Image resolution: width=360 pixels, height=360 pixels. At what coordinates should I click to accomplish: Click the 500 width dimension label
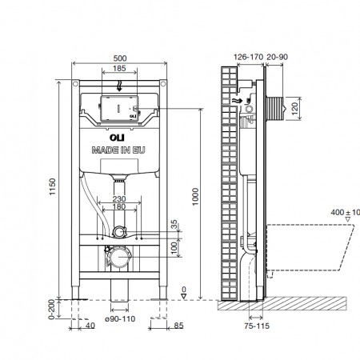point(120,58)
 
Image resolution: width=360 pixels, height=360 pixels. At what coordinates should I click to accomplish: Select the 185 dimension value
point(119,68)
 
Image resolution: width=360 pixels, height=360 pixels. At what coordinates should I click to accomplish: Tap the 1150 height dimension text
point(53,186)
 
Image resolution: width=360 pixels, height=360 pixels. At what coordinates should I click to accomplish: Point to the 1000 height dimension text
point(195,197)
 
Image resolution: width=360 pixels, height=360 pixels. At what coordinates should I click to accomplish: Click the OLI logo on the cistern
point(117,138)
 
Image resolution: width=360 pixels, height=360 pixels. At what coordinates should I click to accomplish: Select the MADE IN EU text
point(118,150)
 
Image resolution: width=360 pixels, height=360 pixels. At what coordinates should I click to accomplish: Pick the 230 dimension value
point(119,199)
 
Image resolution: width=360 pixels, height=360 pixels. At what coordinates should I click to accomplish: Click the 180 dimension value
point(119,206)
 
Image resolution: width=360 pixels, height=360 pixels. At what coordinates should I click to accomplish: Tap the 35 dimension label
point(174,224)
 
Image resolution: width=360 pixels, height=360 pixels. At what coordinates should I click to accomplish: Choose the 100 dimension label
point(174,248)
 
